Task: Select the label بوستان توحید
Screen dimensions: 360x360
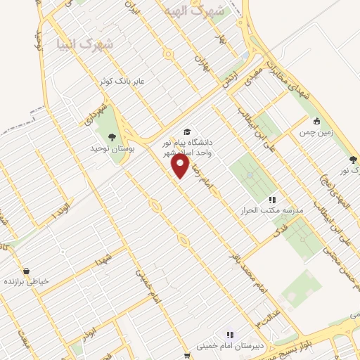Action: (112, 150)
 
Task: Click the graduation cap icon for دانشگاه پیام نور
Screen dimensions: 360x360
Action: (186, 131)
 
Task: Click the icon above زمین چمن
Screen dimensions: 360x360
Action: (317, 120)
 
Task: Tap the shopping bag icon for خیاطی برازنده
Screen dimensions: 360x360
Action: (26, 271)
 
